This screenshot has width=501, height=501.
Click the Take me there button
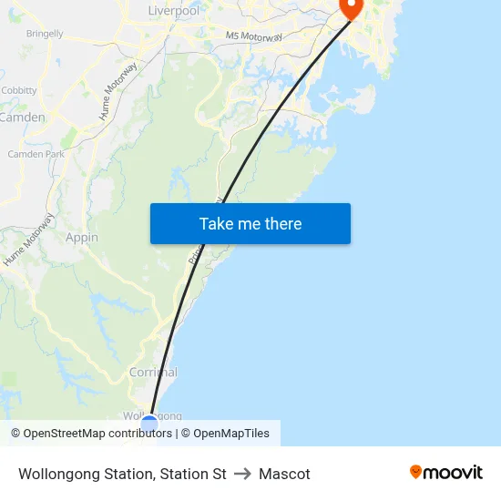250,224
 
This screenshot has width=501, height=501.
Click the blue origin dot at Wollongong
149,424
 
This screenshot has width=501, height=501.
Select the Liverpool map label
173,11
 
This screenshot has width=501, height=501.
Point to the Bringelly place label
45,34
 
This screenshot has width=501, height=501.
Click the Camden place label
22,118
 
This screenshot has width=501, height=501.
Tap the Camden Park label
36,155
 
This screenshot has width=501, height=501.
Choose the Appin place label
82,238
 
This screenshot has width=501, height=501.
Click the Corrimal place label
153,373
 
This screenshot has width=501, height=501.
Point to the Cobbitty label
19,91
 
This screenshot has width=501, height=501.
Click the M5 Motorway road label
253,36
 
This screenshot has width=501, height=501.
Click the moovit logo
446,472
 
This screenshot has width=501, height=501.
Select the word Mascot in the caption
284,474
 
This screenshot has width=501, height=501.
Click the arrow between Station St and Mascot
242,474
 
